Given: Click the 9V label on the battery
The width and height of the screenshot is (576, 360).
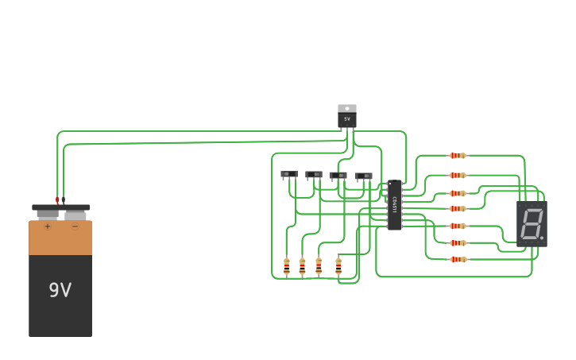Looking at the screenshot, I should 60,290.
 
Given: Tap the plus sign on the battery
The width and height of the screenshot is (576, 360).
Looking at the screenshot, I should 48,226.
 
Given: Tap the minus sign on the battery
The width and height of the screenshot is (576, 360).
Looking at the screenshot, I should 75,226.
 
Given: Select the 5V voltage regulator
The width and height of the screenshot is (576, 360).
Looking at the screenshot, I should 347,118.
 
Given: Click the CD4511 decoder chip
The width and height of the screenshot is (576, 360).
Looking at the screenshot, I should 395,205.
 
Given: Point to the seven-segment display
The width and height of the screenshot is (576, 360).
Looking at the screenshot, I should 532,223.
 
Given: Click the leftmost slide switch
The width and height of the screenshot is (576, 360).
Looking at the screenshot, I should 289,174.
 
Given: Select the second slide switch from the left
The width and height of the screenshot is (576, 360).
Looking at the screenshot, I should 314,175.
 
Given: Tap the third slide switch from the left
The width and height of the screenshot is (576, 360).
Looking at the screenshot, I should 338,176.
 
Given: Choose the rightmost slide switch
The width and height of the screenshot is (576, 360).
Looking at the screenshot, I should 364,176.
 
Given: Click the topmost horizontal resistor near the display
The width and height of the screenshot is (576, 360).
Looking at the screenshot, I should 457,156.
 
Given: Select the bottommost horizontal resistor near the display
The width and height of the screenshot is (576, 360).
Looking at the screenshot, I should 458,259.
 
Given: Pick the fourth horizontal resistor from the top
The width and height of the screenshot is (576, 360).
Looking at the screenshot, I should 457,209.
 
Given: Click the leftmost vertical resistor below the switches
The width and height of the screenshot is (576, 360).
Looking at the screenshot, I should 287,266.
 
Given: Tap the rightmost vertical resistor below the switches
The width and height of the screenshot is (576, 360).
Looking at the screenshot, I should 338,266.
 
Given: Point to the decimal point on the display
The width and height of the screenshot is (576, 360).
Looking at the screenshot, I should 542,238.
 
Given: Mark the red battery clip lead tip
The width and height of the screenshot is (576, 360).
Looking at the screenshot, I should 57,199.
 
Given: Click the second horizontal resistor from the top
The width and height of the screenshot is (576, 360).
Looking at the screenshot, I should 457,176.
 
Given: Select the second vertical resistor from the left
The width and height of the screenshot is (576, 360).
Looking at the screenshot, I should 302,266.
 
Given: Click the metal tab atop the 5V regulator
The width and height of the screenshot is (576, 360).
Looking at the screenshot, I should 347,108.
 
